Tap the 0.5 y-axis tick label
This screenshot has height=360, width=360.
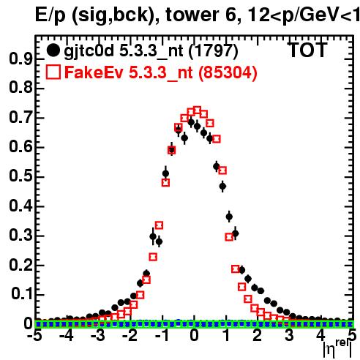click(x=20, y=176)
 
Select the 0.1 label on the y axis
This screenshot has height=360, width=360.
click(x=21, y=294)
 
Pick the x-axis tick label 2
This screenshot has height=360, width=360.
click(x=258, y=336)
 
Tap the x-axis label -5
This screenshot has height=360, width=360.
click(x=34, y=336)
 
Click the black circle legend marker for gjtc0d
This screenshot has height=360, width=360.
click(x=53, y=50)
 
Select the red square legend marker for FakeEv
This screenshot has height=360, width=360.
click(x=53, y=72)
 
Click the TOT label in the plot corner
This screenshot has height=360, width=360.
click(x=308, y=50)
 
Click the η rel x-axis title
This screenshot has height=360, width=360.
click(x=338, y=350)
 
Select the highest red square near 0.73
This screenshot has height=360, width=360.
click(x=197, y=110)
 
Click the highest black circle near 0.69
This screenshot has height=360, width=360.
click(x=191, y=122)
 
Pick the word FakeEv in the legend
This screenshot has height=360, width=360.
click(x=94, y=72)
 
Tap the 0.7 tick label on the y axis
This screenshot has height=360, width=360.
click(x=20, y=118)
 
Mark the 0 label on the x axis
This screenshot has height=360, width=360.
click(x=194, y=336)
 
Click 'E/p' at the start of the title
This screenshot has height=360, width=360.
click(x=50, y=15)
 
